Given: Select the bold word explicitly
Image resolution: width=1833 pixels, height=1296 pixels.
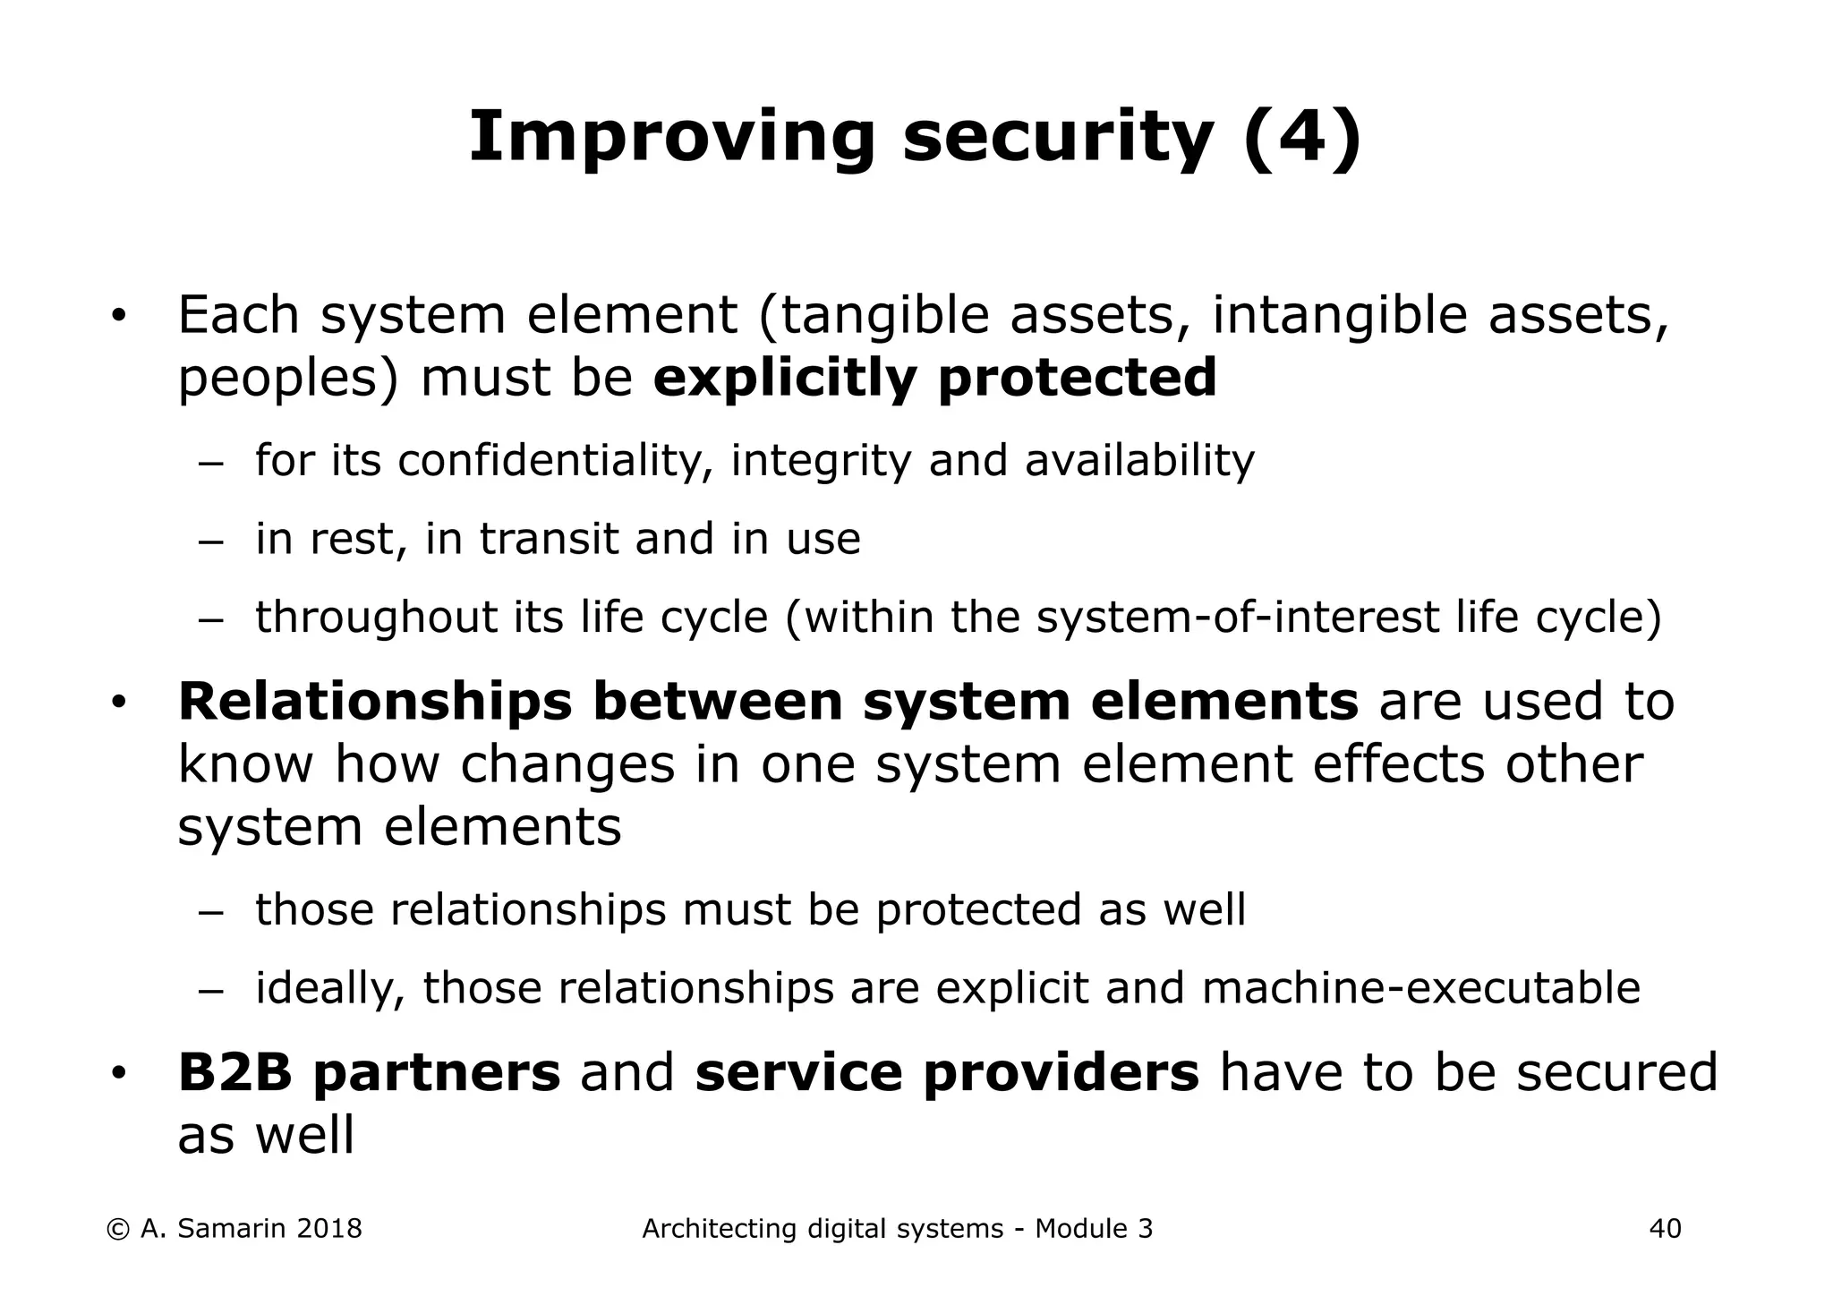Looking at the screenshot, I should pyautogui.click(x=785, y=378).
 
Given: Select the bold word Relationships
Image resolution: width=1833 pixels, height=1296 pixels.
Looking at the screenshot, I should pyautogui.click(x=375, y=701).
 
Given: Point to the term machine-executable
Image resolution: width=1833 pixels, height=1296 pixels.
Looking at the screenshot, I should pyautogui.click(x=1421, y=988).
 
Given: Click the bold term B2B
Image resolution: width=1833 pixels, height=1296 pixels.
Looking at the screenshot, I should pyautogui.click(x=235, y=1072).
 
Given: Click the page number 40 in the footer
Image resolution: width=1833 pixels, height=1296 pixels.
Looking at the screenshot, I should pyautogui.click(x=1665, y=1229).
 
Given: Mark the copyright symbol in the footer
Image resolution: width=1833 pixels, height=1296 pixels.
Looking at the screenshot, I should pyautogui.click(x=117, y=1229).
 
